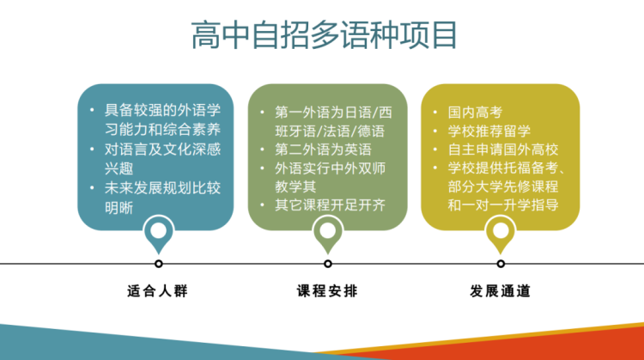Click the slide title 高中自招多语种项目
point(324,35)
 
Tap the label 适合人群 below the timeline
point(158,291)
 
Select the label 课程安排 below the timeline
point(327,291)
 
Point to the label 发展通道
point(501,291)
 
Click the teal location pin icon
point(159,233)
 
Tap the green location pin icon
point(328,233)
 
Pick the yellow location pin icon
point(501,233)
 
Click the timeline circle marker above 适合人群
point(159,264)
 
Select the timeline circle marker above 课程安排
point(328,264)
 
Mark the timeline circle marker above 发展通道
point(501,264)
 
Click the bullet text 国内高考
point(475,113)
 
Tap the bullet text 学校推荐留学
point(489,131)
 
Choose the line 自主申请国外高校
point(503,149)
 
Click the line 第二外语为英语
point(323,149)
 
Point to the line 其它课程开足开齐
point(331,205)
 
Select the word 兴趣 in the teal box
point(118,168)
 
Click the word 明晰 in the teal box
point(118,208)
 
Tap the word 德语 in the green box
point(371,131)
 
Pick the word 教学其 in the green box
point(295,186)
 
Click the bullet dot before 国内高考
point(435,113)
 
